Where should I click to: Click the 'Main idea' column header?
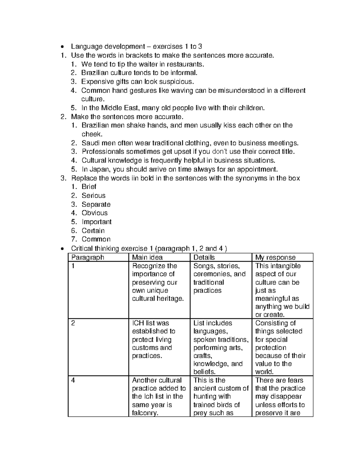point(147,257)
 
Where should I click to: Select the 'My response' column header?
point(275,257)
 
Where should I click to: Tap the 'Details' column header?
point(204,257)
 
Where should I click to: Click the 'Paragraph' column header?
point(88,257)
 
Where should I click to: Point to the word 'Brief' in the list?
point(89,187)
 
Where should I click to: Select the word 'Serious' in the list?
point(94,196)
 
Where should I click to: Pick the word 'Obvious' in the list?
point(94,213)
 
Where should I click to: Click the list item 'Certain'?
point(93,231)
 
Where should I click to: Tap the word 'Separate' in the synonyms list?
point(96,204)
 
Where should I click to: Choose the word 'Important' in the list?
point(97,222)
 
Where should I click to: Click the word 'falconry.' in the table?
point(145,413)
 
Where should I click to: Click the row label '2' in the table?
point(73,323)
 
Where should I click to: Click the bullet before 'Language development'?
point(62,47)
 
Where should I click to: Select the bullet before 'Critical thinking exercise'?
point(62,249)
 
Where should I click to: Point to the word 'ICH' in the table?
point(138,323)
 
